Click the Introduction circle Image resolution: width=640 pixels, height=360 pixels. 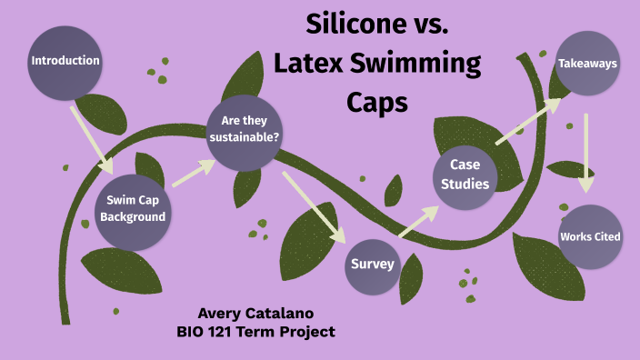pyautogui.click(x=65, y=62)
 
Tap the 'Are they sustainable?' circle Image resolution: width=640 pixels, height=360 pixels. pyautogui.click(x=244, y=129)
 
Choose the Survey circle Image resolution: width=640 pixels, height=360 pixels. pyautogui.click(x=373, y=265)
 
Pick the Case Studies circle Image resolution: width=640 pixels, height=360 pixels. pyautogui.click(x=465, y=175)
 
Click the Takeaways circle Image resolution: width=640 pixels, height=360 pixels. pyautogui.click(x=587, y=65)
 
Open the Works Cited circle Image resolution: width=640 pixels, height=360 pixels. pyautogui.click(x=590, y=236)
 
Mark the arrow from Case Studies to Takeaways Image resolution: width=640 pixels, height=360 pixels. pyautogui.click(x=529, y=121)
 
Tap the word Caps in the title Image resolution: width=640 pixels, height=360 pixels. pyautogui.click(x=377, y=103)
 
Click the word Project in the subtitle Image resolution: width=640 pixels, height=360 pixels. pyautogui.click(x=309, y=332)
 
